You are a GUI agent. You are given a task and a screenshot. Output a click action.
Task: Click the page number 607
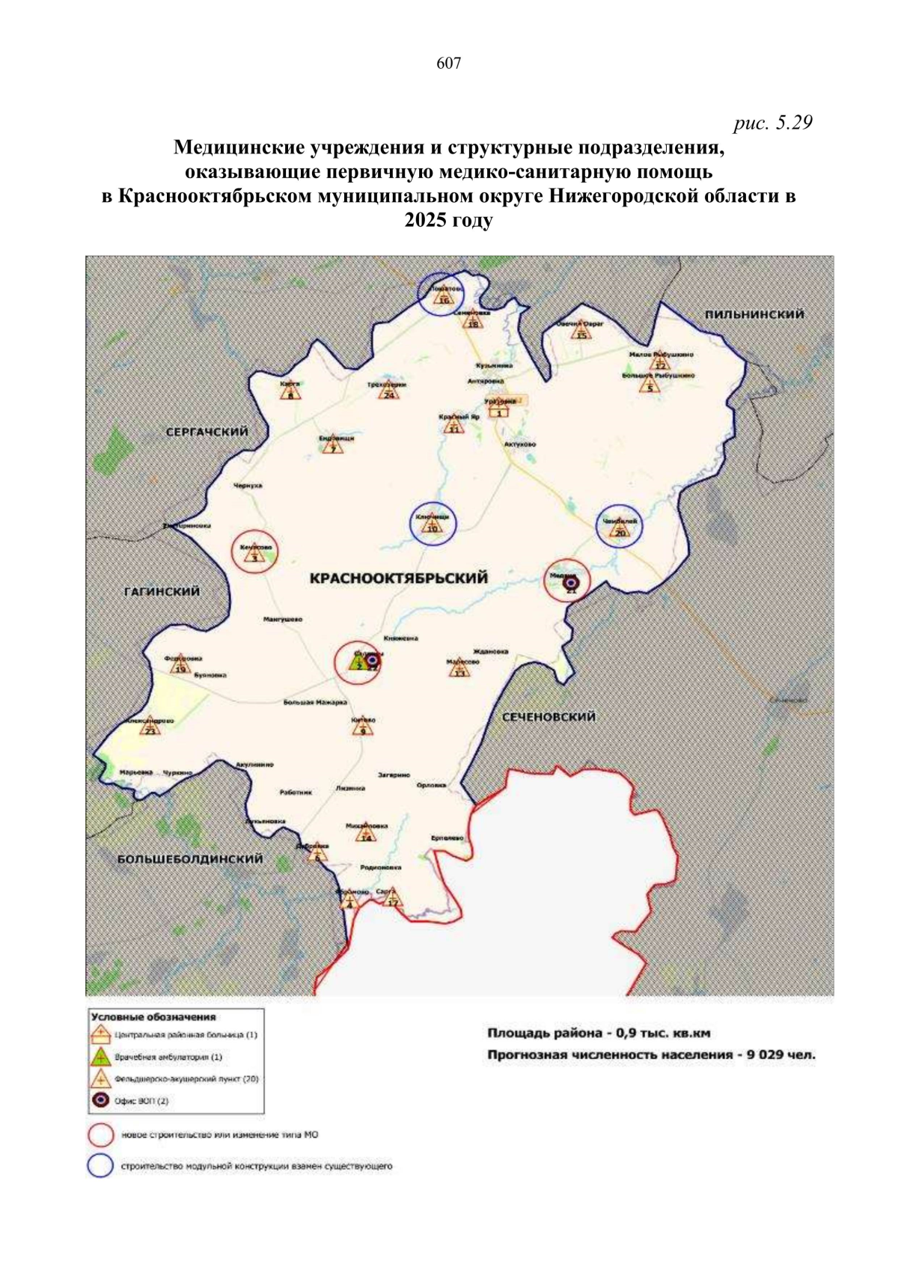[448, 64]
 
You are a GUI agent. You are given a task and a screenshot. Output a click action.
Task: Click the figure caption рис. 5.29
[772, 123]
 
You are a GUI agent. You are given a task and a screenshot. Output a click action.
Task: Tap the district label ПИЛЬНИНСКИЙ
[754, 314]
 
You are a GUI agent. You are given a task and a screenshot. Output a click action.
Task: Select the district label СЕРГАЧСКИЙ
[207, 432]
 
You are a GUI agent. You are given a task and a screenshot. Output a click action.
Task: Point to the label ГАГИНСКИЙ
[162, 591]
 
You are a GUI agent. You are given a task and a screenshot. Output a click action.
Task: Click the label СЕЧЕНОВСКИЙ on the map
[548, 716]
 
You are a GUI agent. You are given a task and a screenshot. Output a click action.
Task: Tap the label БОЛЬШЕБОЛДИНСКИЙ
[190, 858]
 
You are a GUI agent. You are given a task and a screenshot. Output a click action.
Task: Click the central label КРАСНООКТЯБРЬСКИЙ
[398, 578]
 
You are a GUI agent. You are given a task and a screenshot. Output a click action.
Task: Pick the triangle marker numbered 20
[620, 530]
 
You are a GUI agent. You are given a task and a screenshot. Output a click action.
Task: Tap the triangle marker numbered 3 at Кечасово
[254, 555]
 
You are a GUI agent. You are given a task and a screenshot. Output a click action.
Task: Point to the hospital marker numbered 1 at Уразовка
[500, 409]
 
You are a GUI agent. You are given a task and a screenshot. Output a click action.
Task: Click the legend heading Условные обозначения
[153, 1017]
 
